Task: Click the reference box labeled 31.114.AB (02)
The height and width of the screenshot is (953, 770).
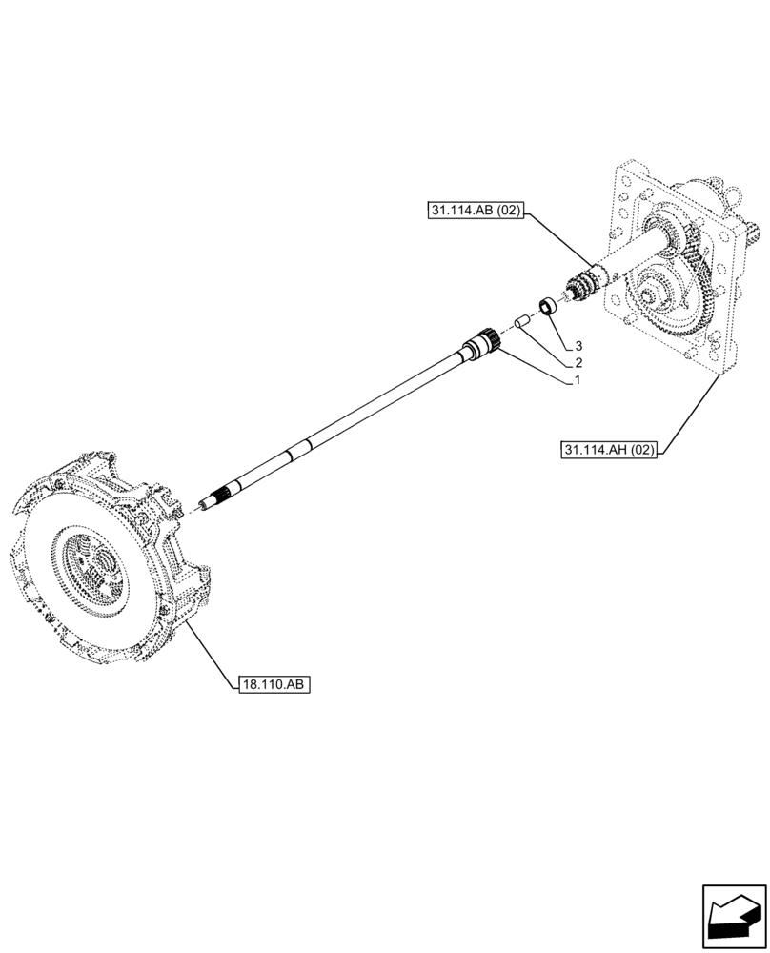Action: tap(476, 212)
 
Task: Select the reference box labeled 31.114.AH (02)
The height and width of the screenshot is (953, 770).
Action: tap(610, 450)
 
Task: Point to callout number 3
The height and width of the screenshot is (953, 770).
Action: tap(577, 345)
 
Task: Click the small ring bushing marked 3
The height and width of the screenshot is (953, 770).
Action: tap(548, 307)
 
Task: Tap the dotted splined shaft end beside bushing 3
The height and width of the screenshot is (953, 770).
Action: tap(581, 286)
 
